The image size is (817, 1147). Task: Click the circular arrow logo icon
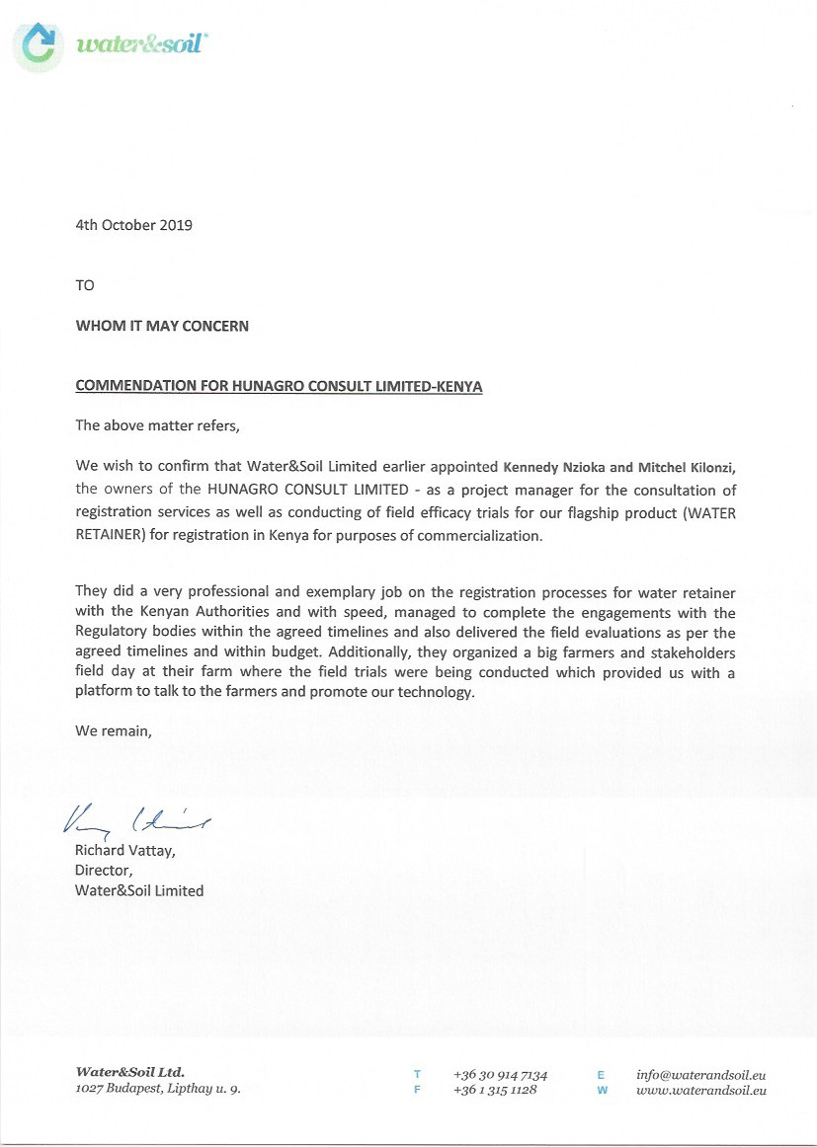[40, 44]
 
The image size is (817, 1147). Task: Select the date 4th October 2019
[133, 224]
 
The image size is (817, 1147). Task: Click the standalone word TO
[85, 285]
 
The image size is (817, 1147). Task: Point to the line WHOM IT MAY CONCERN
[162, 326]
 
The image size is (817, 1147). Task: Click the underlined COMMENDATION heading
[279, 386]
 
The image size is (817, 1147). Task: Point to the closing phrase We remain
[114, 731]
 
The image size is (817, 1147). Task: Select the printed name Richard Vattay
[124, 850]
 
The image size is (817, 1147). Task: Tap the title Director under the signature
[103, 870]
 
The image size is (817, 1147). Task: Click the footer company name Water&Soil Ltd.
[129, 1072]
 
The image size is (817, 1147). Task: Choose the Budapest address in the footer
[157, 1090]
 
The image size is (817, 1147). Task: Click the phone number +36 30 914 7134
[500, 1074]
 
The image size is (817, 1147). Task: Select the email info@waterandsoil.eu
[701, 1074]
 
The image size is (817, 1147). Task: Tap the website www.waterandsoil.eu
[701, 1091]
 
